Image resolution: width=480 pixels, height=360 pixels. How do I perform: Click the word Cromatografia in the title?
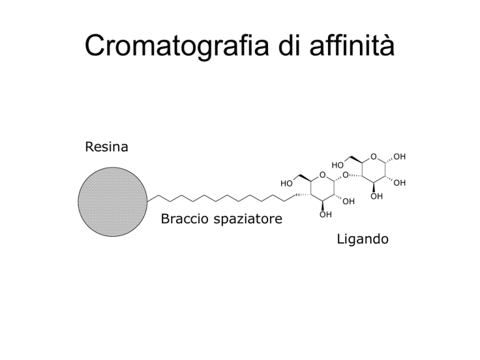coord(177,46)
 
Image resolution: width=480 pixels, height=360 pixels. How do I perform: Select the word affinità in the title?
coord(352,45)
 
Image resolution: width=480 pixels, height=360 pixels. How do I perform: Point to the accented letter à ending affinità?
coord(387,46)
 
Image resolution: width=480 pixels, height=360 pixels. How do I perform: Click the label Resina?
coord(106,147)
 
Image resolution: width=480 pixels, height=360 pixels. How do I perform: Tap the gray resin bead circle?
coord(112,202)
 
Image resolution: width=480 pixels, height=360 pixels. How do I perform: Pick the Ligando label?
coord(362,239)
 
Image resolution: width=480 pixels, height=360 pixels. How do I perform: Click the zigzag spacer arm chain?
coord(222,198)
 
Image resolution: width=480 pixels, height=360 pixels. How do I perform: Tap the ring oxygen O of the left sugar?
coord(322,175)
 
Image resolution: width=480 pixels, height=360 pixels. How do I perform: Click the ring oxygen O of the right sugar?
coord(374,157)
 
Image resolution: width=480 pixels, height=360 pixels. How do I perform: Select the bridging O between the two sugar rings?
coord(346,175)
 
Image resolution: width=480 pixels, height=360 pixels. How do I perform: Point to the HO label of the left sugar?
coord(286,183)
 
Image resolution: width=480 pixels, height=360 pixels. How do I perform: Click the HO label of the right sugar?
coord(337,165)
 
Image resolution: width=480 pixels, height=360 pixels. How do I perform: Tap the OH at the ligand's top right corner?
coord(399,157)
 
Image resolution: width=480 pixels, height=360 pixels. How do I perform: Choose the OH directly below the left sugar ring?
coord(326,214)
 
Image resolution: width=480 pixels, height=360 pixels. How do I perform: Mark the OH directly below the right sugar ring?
coord(376,196)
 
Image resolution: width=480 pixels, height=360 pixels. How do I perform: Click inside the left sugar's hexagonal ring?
coord(322,188)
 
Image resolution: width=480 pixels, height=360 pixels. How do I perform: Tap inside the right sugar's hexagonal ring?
coord(374,169)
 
